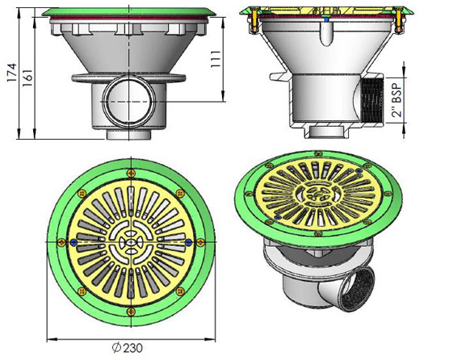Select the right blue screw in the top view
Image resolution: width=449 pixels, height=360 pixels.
(x=189, y=241)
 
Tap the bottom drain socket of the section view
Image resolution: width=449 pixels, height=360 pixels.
(x=323, y=129)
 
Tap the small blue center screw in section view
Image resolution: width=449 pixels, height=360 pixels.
(x=325, y=17)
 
